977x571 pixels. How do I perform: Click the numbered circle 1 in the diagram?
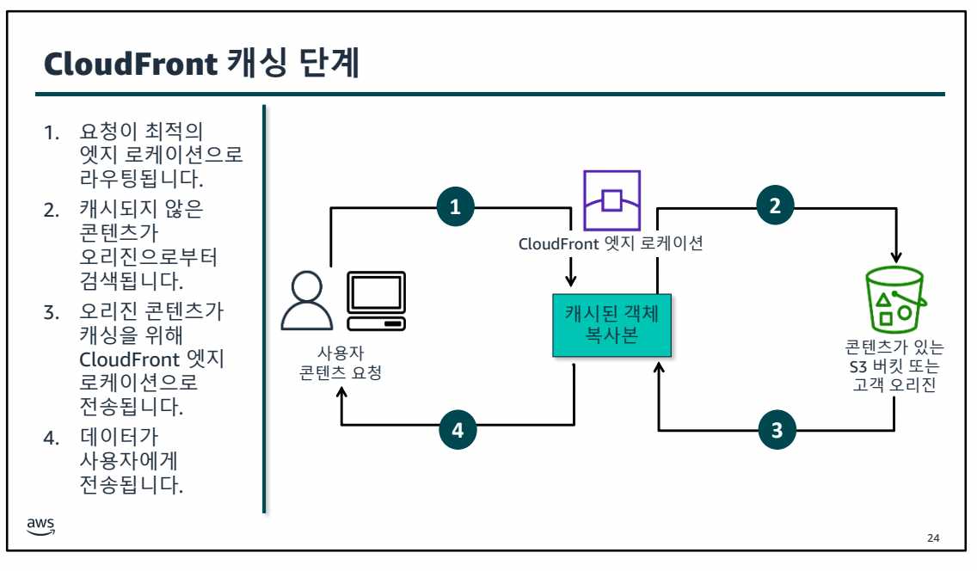pos(456,206)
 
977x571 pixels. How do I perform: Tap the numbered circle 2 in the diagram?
pos(775,206)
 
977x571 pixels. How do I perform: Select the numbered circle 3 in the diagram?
pos(777,431)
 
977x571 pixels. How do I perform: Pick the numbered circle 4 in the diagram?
pos(458,431)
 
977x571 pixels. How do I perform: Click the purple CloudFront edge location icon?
pos(611,200)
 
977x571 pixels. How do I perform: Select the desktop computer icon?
pos(374,301)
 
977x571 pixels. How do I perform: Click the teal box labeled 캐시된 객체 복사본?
pos(611,324)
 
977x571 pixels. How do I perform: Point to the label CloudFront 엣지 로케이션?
pos(611,243)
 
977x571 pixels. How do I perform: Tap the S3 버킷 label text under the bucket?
pos(894,367)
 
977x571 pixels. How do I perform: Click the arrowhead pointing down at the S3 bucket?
pos(896,256)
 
